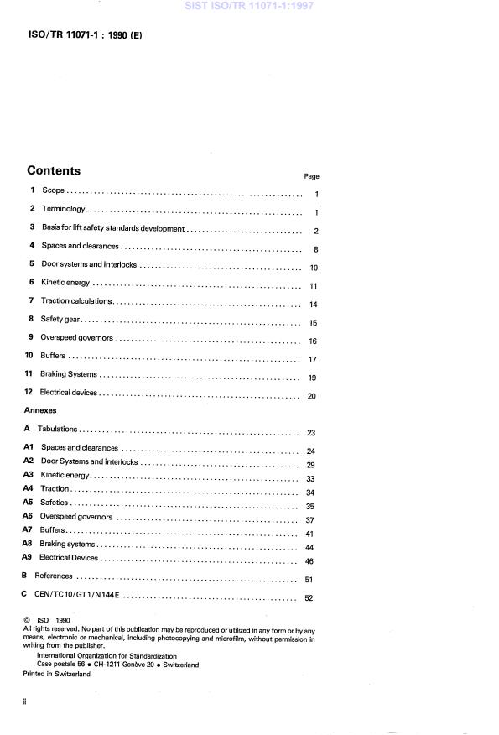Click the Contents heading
tap(54, 170)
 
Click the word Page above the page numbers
tap(311, 176)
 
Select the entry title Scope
tap(53, 191)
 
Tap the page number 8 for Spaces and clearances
tap(314, 249)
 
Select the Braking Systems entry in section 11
tap(69, 374)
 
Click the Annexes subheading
tap(39, 411)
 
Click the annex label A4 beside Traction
tap(28, 488)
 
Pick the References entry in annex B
tap(53, 576)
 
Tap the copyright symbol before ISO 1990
tap(27, 621)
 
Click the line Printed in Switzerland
tap(56, 674)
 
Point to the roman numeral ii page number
tap(25, 700)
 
